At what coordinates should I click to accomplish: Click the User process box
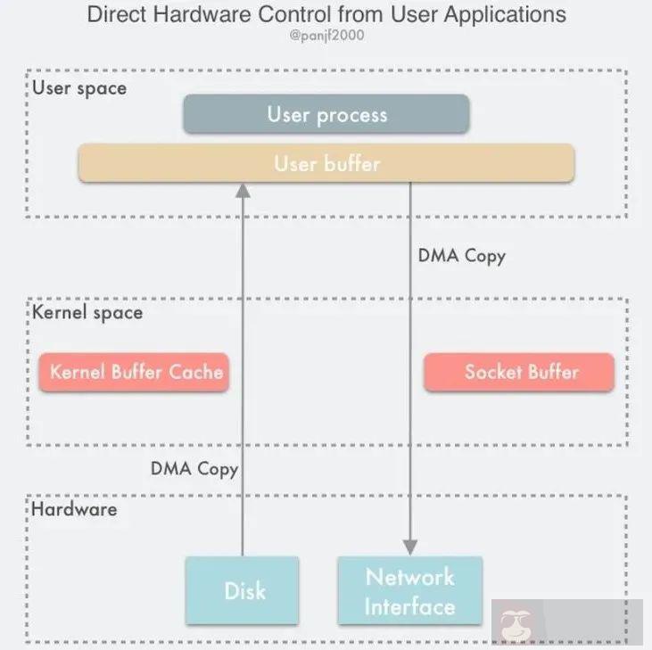(326, 114)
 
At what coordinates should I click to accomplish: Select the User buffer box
(326, 164)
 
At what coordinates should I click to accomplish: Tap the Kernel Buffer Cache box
(136, 372)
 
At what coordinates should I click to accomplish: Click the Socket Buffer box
(520, 372)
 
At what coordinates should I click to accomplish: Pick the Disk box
(243, 590)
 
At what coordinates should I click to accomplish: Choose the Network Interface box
(409, 590)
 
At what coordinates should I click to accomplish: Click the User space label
(80, 88)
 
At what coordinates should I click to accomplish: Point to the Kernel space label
(87, 313)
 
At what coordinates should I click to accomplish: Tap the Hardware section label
(75, 509)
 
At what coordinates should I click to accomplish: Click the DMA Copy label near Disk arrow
(194, 467)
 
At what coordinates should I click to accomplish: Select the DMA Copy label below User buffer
(461, 256)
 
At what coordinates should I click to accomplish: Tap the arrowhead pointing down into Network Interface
(409, 547)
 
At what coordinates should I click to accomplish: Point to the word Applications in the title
(508, 15)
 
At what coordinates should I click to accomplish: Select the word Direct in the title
(116, 15)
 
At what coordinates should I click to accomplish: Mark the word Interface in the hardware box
(409, 606)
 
